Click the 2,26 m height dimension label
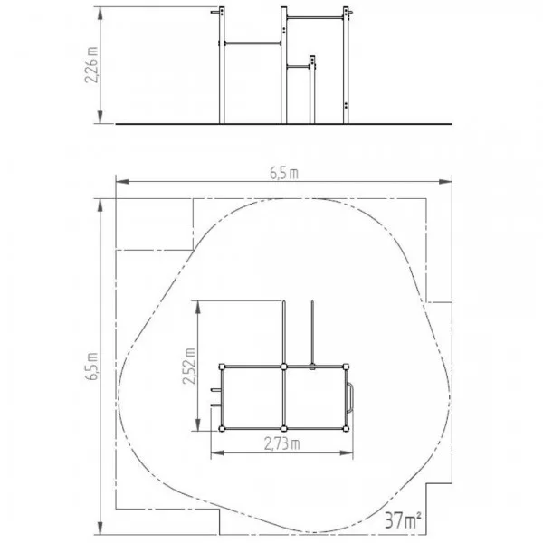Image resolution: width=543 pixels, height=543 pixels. (91, 64)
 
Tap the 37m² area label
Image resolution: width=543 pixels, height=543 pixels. (403, 519)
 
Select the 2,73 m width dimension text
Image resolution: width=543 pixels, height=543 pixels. (281, 443)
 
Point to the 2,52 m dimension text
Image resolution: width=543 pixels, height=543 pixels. (189, 366)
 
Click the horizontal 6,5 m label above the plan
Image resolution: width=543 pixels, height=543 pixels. (284, 173)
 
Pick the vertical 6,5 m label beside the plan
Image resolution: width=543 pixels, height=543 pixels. (91, 367)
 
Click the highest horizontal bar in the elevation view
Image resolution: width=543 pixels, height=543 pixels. (315, 18)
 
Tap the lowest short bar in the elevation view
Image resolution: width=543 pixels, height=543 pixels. (298, 67)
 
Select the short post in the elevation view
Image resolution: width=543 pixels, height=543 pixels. (312, 90)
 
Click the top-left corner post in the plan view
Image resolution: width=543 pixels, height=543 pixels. (222, 367)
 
